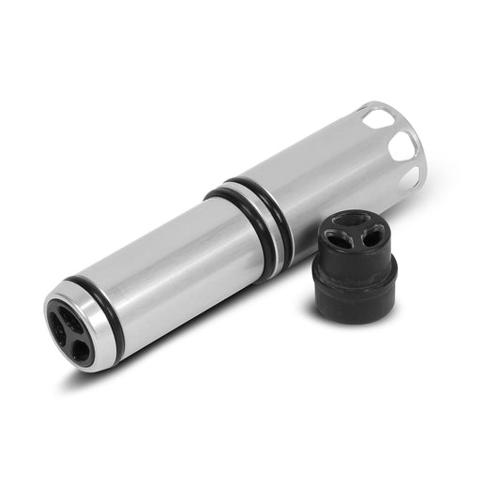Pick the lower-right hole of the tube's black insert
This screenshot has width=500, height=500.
point(81,350)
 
